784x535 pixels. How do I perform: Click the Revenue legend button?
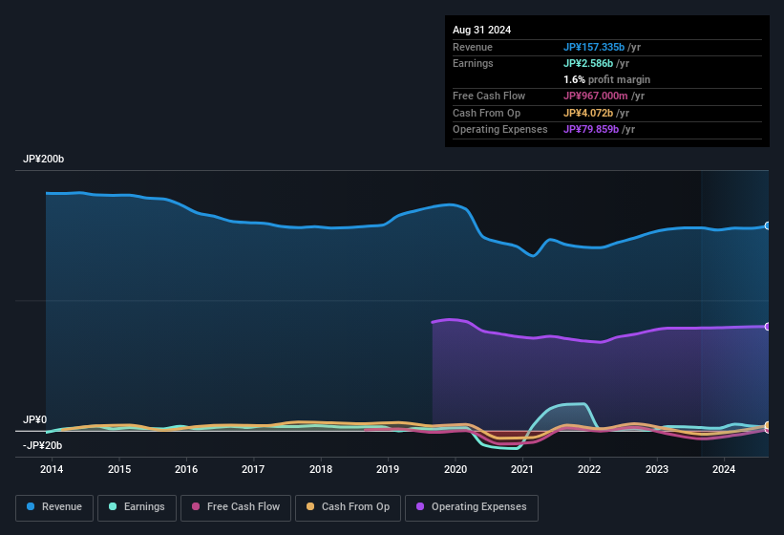coord(54,507)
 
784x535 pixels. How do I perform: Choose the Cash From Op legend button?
coord(349,507)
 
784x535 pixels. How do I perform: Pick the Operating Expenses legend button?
coord(472,507)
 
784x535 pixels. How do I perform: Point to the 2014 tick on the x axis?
coord(52,469)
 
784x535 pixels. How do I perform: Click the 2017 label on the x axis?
coord(253,469)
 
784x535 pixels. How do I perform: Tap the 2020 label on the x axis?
coord(456,469)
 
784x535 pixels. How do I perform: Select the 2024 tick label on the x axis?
coord(724,469)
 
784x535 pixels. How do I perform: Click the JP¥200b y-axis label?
coord(43,159)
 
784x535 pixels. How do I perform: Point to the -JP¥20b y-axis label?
coord(42,445)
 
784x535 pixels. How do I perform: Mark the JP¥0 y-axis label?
coord(34,419)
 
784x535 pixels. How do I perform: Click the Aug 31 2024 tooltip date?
coord(481,30)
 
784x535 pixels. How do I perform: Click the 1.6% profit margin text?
coord(606,79)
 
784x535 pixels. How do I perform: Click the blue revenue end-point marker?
coord(767,226)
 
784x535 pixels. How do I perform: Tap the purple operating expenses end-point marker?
coord(767,327)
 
